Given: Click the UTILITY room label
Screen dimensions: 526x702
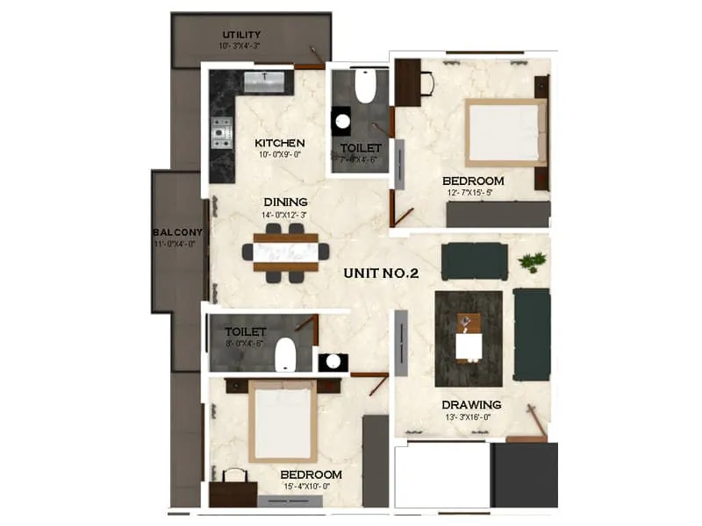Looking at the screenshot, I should point(240,34).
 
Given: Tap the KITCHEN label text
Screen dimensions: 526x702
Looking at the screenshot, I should point(280,143).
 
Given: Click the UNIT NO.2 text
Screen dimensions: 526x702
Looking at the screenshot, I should point(381,274).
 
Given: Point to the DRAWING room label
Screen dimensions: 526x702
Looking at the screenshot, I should point(471,405).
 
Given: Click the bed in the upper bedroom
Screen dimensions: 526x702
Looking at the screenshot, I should point(506,132).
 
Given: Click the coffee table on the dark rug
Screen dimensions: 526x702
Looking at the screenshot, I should point(469,337).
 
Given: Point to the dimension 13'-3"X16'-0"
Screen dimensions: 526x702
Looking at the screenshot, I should point(472,418).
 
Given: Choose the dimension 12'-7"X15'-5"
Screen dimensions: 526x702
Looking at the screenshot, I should point(473,193).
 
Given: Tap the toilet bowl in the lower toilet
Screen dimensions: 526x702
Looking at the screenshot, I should point(286,357).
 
